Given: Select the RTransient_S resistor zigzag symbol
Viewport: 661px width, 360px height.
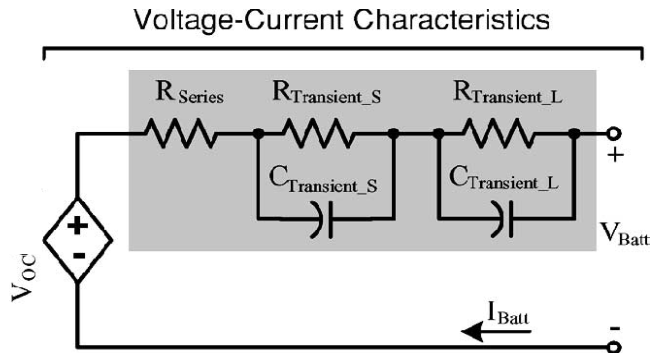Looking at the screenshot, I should [318, 133].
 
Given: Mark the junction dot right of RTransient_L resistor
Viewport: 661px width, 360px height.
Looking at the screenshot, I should [574, 133].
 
